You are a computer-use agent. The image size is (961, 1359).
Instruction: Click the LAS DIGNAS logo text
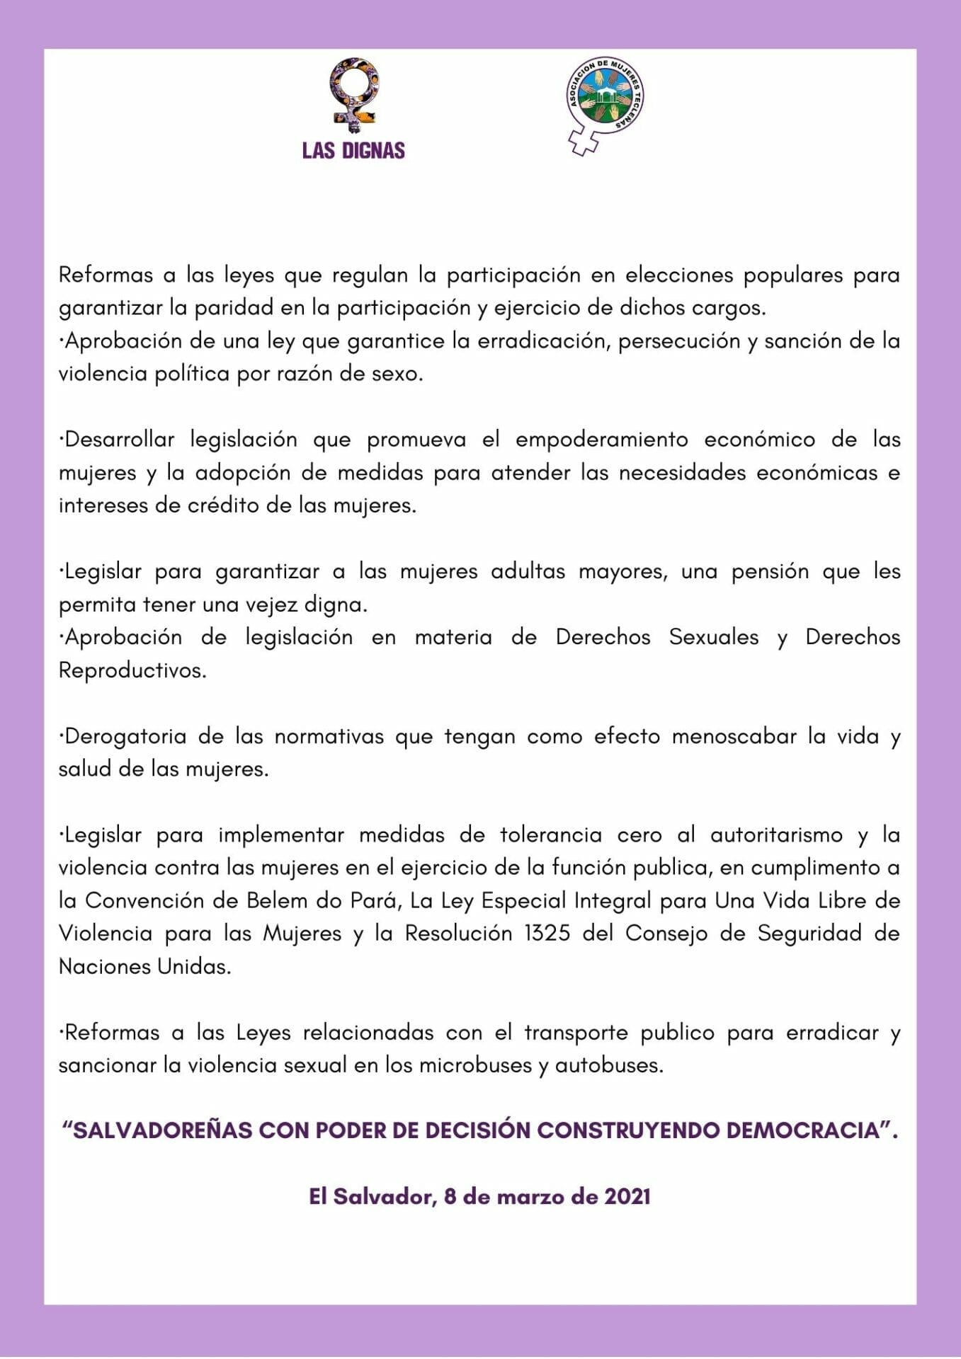pos(353,151)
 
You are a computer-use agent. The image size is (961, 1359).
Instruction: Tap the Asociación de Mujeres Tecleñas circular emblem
pos(605,98)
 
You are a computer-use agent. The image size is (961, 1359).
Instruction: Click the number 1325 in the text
pos(547,934)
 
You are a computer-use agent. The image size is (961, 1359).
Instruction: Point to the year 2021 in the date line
pos(627,1197)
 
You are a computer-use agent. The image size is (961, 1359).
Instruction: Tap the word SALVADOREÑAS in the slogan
pos(163,1130)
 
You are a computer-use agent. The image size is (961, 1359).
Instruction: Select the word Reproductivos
pos(132,670)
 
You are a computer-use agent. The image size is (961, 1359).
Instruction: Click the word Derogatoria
pos(124,737)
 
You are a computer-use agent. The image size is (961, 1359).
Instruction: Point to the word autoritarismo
pos(776,835)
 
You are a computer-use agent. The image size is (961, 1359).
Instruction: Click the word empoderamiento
pos(601,440)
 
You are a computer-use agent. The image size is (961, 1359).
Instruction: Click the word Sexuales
pos(713,637)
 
